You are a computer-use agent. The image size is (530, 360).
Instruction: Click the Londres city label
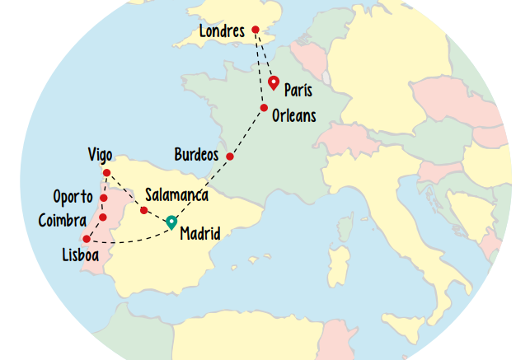pyautogui.click(x=222, y=32)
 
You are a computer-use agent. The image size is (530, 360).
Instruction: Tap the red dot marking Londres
pyautogui.click(x=256, y=30)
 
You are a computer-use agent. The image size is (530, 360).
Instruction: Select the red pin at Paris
pyautogui.click(x=274, y=82)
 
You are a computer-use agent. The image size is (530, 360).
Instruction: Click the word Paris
pyautogui.click(x=298, y=90)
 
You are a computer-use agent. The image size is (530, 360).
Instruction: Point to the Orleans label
pyautogui.click(x=293, y=116)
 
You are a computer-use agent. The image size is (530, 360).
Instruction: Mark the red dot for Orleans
pyautogui.click(x=264, y=108)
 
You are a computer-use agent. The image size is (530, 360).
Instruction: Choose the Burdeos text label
pyautogui.click(x=196, y=155)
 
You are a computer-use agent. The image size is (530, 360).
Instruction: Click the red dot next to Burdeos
pyautogui.click(x=230, y=157)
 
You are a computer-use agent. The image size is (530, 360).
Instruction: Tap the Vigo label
pyautogui.click(x=100, y=155)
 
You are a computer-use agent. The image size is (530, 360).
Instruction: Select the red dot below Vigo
pyautogui.click(x=106, y=173)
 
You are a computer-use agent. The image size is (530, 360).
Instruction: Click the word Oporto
pyautogui.click(x=73, y=197)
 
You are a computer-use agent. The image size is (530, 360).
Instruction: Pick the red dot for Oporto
pyautogui.click(x=104, y=198)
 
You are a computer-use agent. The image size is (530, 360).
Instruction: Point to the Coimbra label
pyautogui.click(x=63, y=220)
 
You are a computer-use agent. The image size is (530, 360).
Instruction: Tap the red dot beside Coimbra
pyautogui.click(x=103, y=217)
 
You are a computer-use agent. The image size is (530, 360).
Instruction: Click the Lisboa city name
pyautogui.click(x=81, y=256)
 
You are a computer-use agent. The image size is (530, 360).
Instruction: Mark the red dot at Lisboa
pyautogui.click(x=87, y=239)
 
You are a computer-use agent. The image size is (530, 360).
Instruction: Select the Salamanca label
pyautogui.click(x=176, y=195)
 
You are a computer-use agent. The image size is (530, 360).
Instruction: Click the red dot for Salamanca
pyautogui.click(x=144, y=211)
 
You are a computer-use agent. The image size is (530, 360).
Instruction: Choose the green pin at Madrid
pyautogui.click(x=171, y=221)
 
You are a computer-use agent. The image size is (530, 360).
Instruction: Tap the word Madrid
pyautogui.click(x=200, y=234)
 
